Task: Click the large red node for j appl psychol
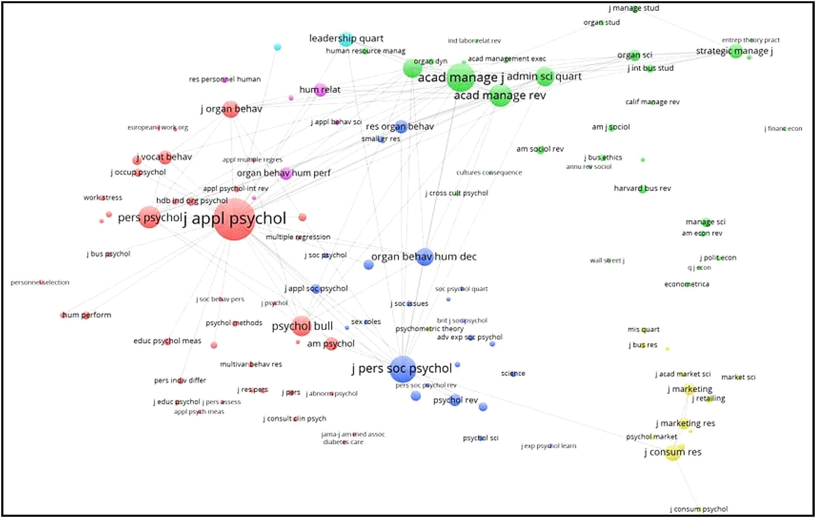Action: (234, 220)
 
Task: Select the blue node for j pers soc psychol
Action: (403, 369)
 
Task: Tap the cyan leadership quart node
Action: (346, 39)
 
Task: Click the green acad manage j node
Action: (460, 78)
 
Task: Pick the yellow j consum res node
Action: (673, 452)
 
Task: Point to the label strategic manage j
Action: (734, 51)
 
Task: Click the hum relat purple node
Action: (320, 90)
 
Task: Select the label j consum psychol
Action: (699, 509)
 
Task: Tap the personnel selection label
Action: (40, 282)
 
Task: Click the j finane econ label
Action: (783, 129)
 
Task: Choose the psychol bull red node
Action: (301, 326)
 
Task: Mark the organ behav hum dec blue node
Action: (424, 257)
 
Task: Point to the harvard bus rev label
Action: (642, 188)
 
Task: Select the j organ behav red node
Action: (231, 109)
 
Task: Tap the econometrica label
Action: (687, 284)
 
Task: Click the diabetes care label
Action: (343, 442)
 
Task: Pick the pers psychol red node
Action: (149, 217)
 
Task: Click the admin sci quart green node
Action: (545, 76)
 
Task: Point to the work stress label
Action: (103, 198)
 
